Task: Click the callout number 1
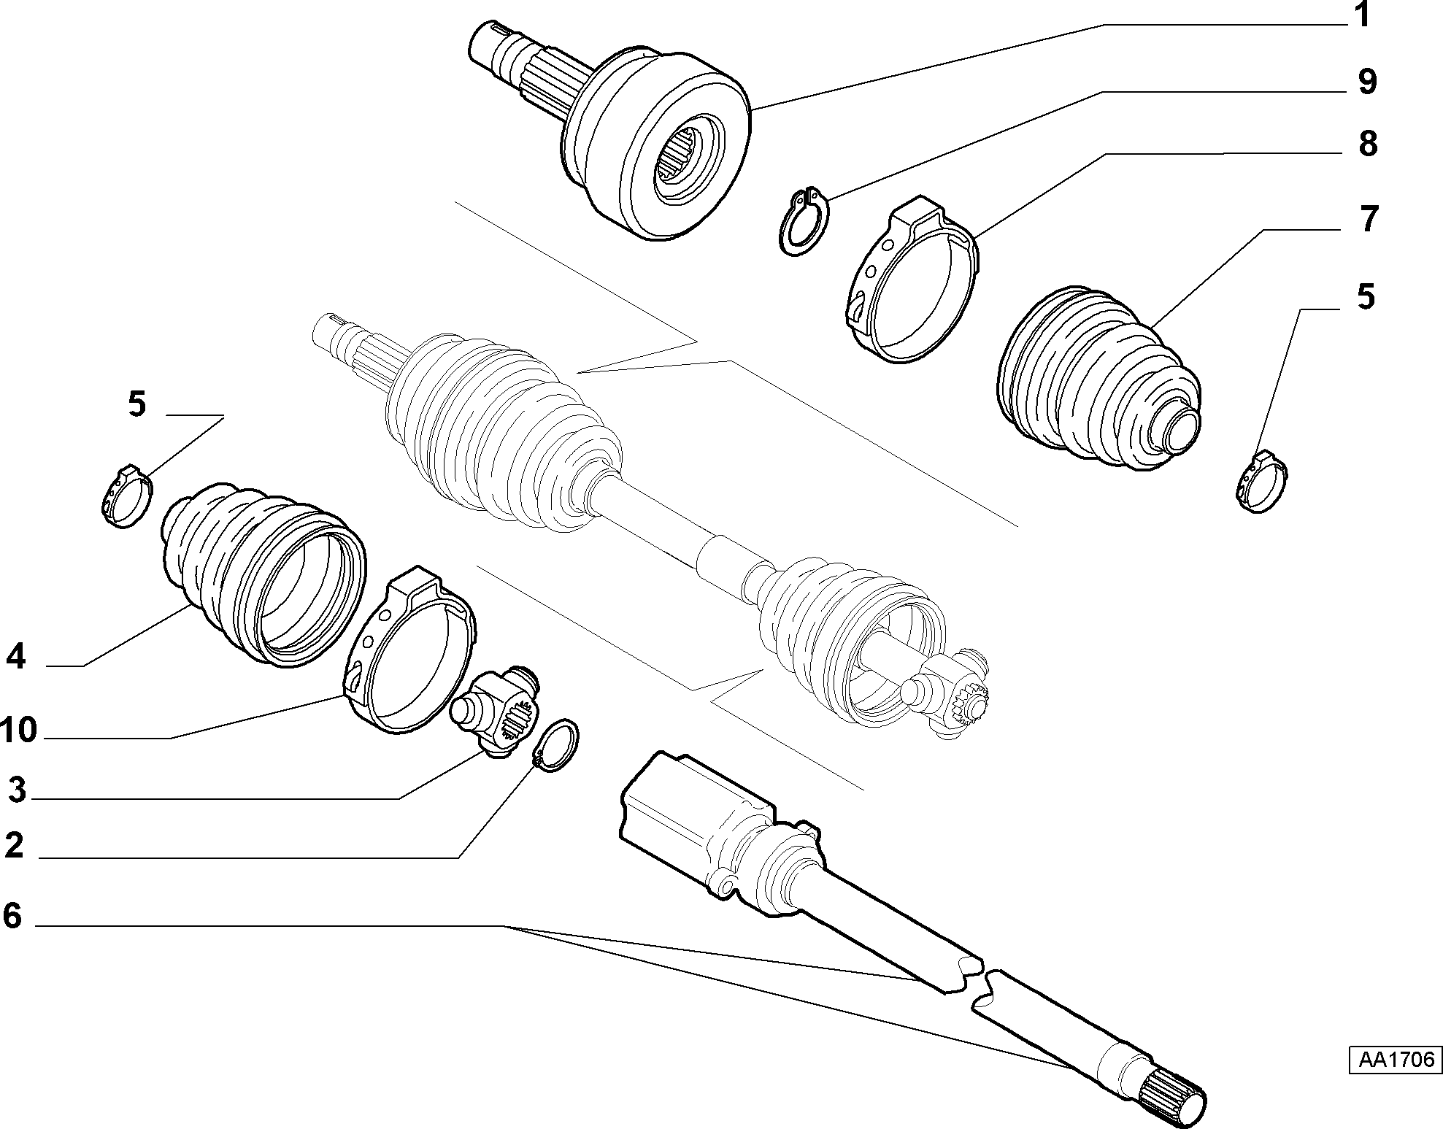[1362, 16]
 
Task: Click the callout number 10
[18, 729]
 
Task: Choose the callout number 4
[16, 657]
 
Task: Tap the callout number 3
[16, 790]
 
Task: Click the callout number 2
[15, 846]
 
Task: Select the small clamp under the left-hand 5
[126, 496]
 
